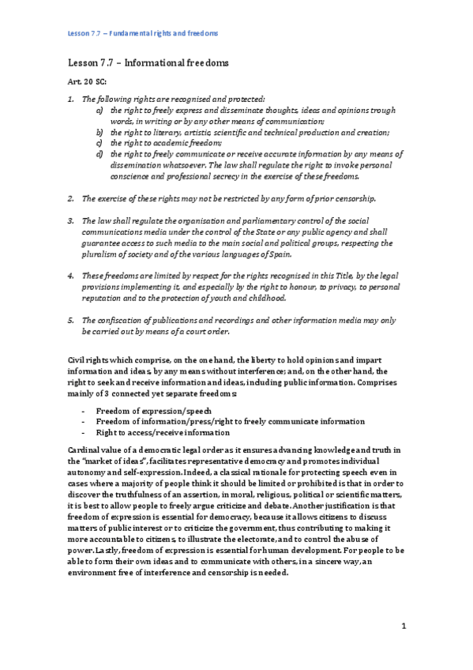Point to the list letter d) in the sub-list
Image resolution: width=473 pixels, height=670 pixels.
[99, 155]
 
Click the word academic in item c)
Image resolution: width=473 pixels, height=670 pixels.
[164, 144]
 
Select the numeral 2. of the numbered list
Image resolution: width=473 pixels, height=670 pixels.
[71, 198]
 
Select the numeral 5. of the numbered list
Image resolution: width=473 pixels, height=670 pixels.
[71, 321]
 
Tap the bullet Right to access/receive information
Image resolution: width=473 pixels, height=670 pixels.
[163, 432]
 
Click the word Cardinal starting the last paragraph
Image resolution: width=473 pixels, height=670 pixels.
[86, 448]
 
